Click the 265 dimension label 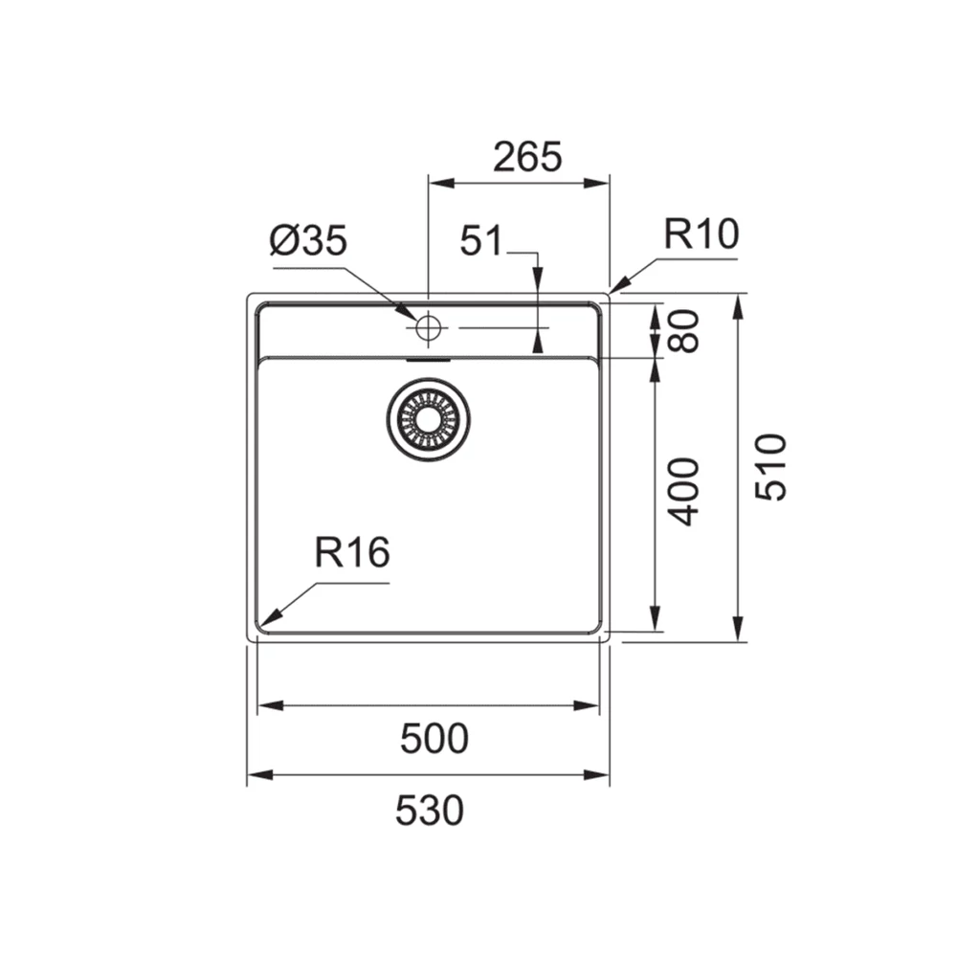click(x=527, y=157)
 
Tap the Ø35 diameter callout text click(x=308, y=240)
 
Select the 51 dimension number click(x=481, y=240)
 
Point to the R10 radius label click(x=701, y=234)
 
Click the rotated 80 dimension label click(x=683, y=331)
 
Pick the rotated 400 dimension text click(x=683, y=492)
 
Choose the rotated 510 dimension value click(x=770, y=467)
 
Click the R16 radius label click(x=352, y=552)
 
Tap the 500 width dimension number click(x=434, y=739)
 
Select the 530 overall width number click(x=429, y=811)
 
